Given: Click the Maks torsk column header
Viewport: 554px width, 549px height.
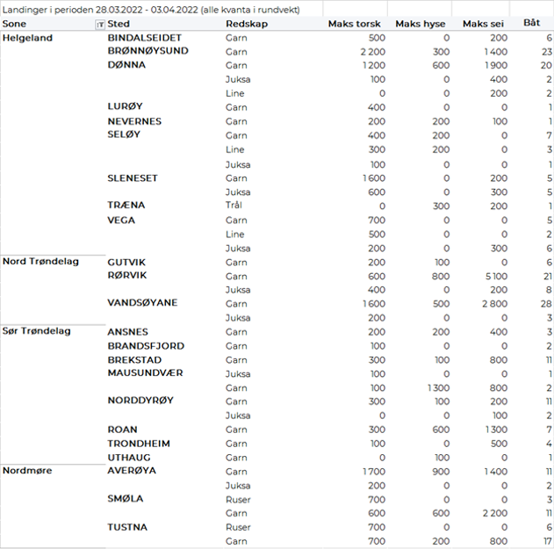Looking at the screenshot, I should pos(354,24).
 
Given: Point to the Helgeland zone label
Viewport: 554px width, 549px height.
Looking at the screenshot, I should pos(27,39).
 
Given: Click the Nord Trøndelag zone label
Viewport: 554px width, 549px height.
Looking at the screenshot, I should pos(41,262).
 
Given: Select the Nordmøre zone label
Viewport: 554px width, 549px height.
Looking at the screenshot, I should pos(27,471).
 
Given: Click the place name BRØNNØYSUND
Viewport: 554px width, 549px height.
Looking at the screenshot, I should pos(147,52).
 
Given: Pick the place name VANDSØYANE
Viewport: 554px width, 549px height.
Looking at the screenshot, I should pos(142,303).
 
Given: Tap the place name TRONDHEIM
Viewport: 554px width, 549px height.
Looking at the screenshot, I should pos(139,444).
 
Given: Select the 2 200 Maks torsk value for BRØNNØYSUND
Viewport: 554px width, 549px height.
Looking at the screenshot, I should pos(372,52).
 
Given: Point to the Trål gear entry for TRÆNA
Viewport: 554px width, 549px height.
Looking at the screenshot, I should pos(234,206).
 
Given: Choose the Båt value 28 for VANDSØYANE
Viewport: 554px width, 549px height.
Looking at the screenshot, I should pos(545,303).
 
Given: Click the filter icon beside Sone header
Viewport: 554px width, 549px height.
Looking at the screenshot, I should pos(99,25).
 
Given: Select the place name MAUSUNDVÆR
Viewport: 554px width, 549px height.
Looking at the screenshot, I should pos(145,373).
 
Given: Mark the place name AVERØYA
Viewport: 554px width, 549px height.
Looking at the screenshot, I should pos(132,471).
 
